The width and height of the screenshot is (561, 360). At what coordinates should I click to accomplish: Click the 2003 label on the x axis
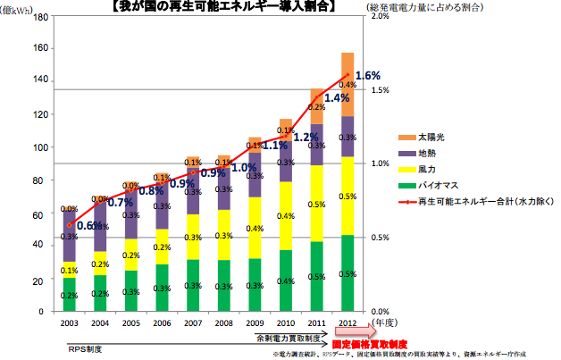69,322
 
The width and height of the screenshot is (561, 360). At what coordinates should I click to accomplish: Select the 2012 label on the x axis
347,322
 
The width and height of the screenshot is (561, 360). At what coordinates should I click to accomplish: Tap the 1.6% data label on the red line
368,76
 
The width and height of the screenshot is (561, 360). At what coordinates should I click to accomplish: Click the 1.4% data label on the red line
337,98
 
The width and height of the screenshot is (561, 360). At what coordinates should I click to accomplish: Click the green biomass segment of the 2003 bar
69,294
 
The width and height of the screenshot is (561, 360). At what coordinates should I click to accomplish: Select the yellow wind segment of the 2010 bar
285,216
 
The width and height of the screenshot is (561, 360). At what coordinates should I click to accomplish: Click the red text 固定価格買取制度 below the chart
369,343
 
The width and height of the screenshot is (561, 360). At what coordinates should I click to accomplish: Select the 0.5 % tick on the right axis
378,237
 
